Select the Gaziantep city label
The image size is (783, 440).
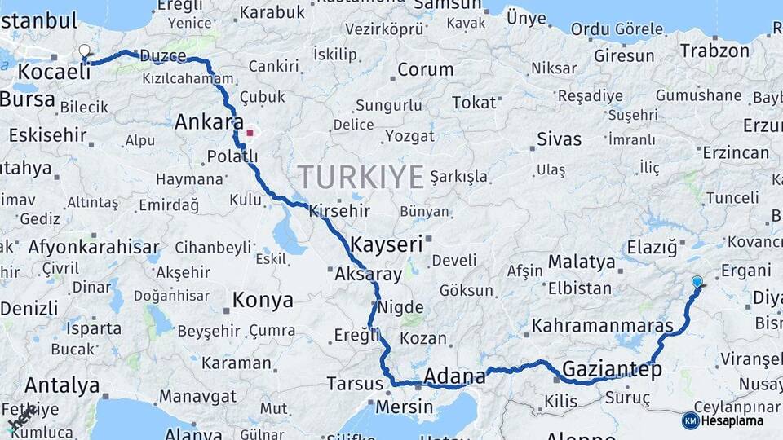613,369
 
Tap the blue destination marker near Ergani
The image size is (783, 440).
697,283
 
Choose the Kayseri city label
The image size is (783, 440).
387,244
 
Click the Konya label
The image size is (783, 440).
263,300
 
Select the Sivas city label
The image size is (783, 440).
559,139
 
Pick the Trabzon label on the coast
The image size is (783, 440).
714,51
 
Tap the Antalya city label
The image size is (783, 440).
62,385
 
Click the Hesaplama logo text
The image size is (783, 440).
732,420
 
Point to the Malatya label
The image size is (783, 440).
582,262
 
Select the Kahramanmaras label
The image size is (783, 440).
603,326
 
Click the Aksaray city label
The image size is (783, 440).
369,274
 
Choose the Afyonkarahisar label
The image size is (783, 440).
94,247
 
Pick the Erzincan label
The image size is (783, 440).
736,152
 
